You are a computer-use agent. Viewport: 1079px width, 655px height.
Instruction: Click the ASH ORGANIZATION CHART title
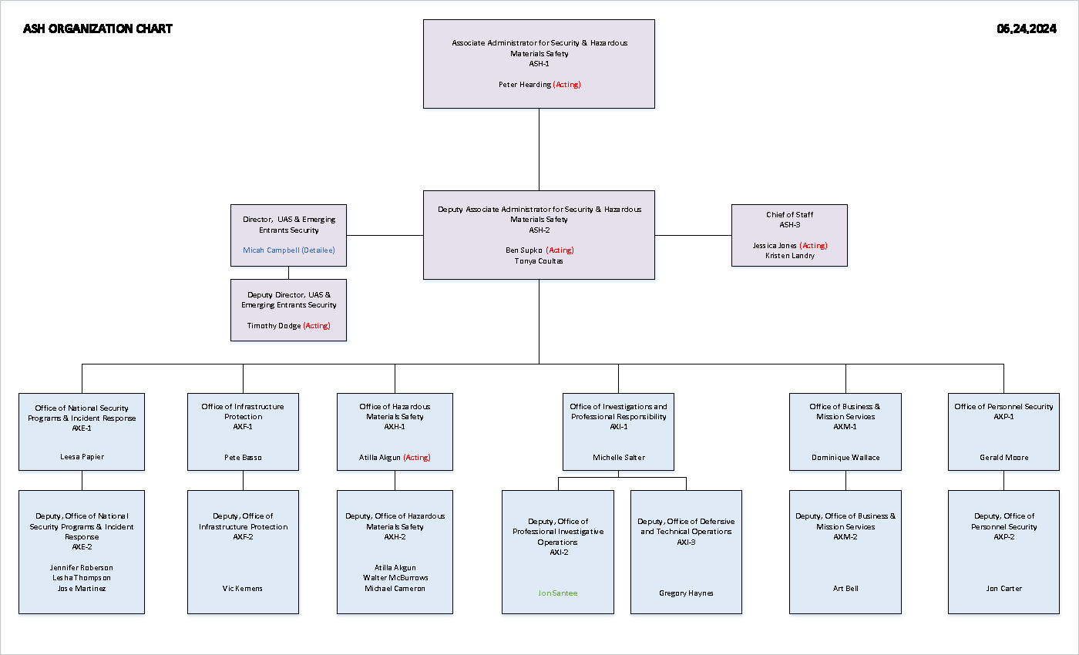[98, 29]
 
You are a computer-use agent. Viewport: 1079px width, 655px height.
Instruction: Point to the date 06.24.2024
[1026, 29]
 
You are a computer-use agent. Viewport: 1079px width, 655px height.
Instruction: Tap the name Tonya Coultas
[539, 261]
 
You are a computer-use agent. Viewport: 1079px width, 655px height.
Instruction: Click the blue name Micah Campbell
[271, 250]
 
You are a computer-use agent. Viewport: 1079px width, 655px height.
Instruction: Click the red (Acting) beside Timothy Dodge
[316, 326]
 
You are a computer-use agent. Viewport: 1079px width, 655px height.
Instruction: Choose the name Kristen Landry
[789, 256]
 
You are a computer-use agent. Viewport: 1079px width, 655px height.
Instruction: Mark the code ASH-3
[789, 225]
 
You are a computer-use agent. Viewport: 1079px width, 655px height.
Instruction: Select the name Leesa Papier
[82, 457]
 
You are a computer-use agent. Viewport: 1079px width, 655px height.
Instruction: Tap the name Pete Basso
[243, 458]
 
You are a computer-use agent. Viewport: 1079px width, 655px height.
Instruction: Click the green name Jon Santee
[557, 593]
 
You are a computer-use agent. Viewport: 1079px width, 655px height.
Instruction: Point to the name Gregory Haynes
[686, 593]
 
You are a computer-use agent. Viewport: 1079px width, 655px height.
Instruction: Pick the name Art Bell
[845, 589]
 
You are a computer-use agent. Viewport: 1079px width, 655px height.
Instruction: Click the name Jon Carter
[1003, 589]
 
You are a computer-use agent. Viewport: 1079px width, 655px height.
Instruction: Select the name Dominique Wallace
[845, 458]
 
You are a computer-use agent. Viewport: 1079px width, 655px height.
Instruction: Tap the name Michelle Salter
[618, 458]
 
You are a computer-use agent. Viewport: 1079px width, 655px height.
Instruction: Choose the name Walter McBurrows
[395, 578]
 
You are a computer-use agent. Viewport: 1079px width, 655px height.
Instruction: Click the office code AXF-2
[243, 537]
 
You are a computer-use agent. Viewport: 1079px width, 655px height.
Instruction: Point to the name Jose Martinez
[82, 589]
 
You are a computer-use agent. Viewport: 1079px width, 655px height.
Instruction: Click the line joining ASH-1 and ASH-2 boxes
[539, 149]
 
